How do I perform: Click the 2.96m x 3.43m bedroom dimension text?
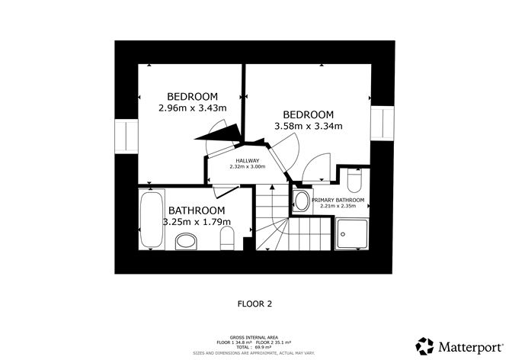click(x=193, y=108)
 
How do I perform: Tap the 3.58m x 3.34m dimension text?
click(x=309, y=126)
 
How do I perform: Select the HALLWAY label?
click(x=248, y=160)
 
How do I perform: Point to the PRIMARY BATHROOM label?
click(x=338, y=200)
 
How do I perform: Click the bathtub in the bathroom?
click(x=152, y=220)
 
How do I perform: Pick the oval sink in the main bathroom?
click(x=186, y=242)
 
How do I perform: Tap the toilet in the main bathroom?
click(x=227, y=238)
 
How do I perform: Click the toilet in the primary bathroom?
click(x=354, y=181)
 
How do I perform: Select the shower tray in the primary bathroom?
click(x=352, y=234)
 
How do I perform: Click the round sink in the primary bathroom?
click(x=301, y=201)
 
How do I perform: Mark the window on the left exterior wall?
click(x=126, y=137)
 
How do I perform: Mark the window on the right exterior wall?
click(x=383, y=124)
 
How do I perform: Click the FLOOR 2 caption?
click(x=254, y=304)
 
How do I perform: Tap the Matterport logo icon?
click(x=424, y=346)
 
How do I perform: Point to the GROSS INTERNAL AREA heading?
click(x=254, y=338)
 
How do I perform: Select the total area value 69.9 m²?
click(x=264, y=347)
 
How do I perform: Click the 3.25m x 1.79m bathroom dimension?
click(x=197, y=222)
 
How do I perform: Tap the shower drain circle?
click(x=343, y=234)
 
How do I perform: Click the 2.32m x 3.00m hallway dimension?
click(x=248, y=167)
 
